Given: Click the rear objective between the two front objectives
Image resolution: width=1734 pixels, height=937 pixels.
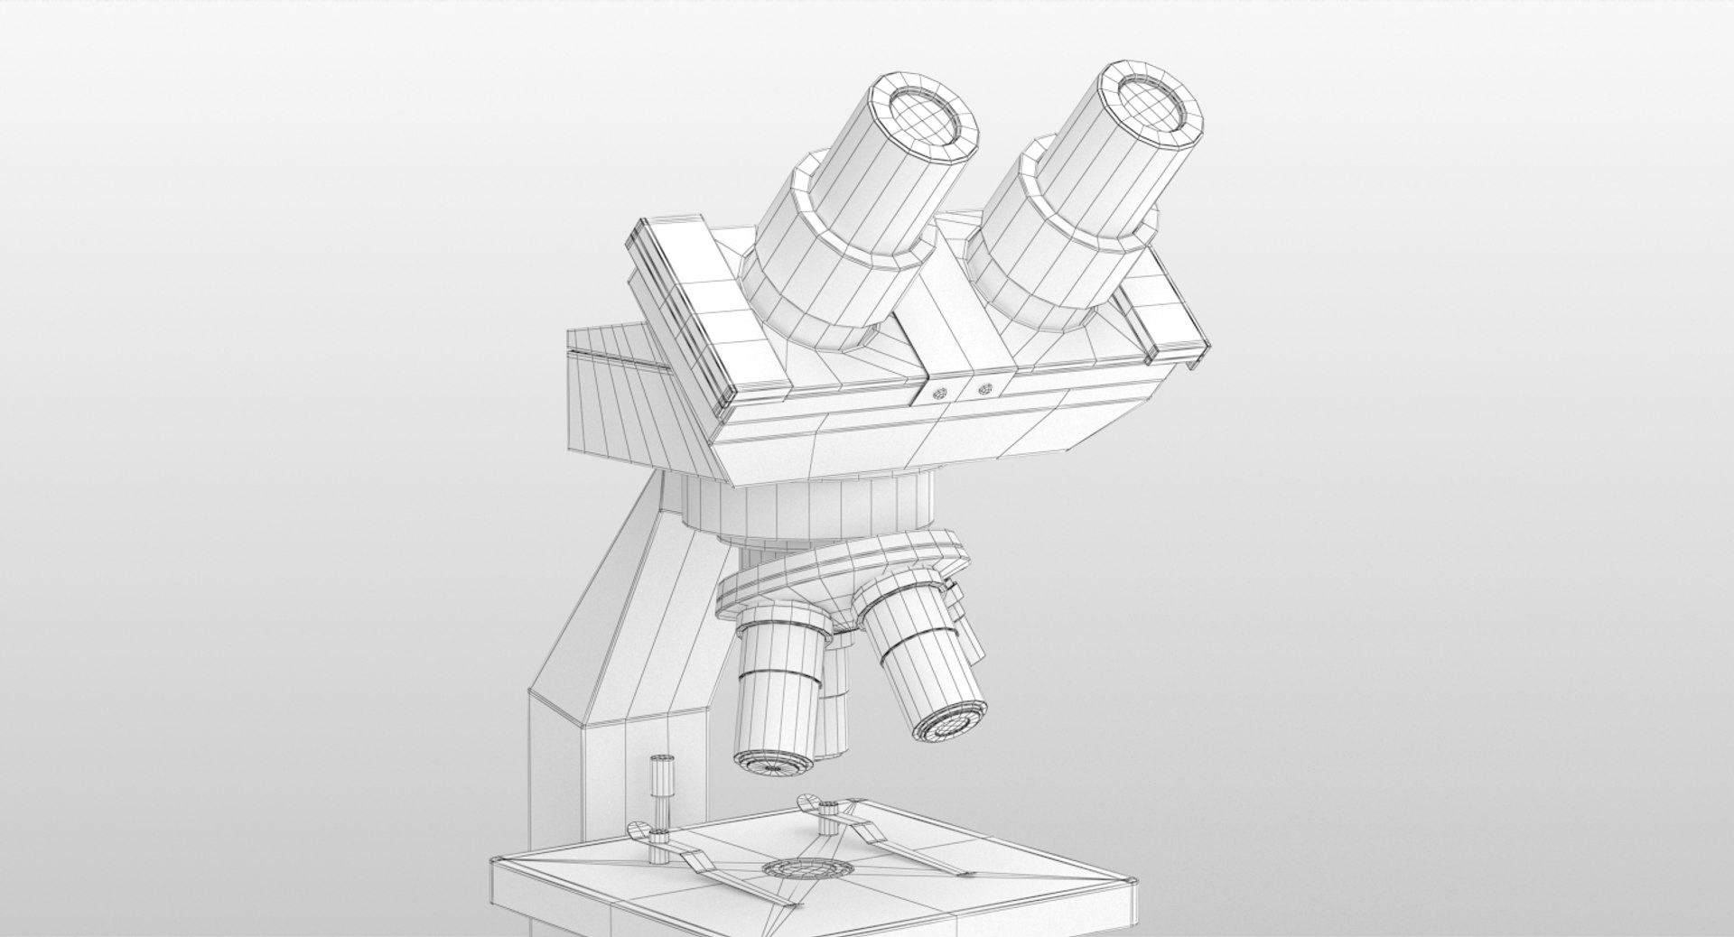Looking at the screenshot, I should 836,686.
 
